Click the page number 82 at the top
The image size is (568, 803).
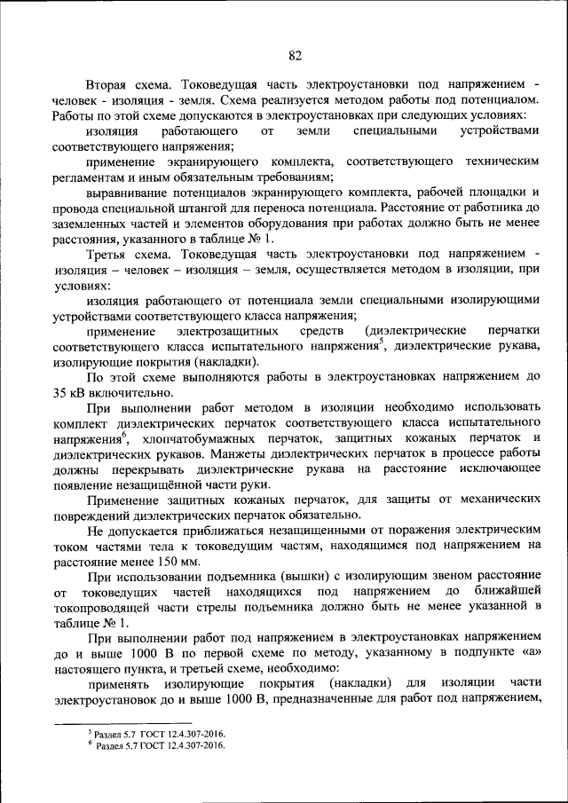tap(296, 56)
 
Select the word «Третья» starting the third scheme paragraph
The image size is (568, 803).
tap(109, 256)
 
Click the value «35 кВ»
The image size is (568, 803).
tap(69, 393)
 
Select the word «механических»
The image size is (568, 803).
tap(485, 501)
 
